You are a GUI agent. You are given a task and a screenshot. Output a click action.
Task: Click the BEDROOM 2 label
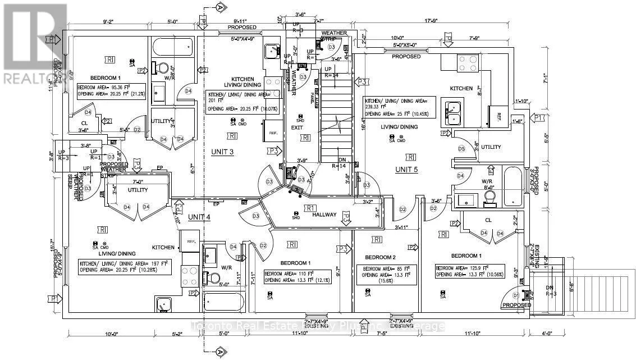381,257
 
